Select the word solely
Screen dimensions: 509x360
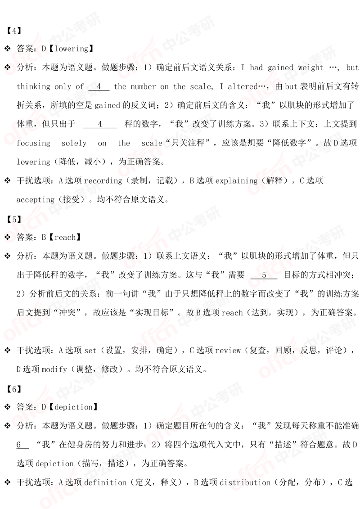pos(73,143)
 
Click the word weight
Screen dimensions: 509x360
pos(308,68)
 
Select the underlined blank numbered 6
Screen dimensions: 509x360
pos(22,445)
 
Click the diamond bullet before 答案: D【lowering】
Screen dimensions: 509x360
pos(7,49)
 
